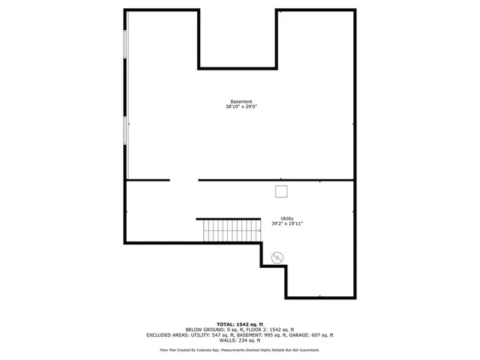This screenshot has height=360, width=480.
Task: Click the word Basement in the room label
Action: (241, 101)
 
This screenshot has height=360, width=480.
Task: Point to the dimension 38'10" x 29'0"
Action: (241, 107)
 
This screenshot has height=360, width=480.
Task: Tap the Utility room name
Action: (287, 218)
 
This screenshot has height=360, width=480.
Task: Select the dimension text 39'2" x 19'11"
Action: (287, 223)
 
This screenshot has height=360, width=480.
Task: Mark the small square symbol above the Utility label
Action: (281, 191)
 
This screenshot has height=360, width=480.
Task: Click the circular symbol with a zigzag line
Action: (277, 257)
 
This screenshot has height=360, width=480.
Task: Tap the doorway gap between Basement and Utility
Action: (184, 180)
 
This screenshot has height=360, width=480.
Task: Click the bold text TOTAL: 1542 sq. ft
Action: (240, 323)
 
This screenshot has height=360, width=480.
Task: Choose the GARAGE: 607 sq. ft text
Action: (315, 335)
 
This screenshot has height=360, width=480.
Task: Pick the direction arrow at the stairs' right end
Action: (259, 231)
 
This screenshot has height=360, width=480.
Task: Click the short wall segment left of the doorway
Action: (148, 180)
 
